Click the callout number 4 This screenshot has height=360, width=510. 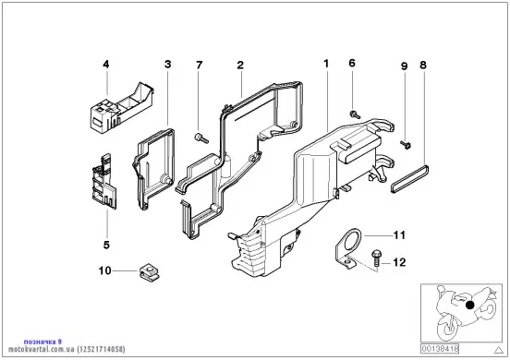[105, 65]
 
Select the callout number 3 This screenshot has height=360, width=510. [168, 64]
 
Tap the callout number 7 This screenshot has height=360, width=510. [199, 66]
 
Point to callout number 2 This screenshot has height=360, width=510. [240, 65]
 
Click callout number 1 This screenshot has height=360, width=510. [326, 64]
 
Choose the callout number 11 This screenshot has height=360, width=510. [399, 234]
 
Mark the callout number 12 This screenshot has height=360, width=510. [399, 262]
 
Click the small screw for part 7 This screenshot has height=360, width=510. [201, 138]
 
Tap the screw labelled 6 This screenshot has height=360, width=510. [355, 114]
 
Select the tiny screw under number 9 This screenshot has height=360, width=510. [406, 145]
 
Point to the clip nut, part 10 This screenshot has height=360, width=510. [150, 272]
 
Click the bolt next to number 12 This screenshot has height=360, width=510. [376, 258]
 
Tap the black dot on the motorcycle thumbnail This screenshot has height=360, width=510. [469, 305]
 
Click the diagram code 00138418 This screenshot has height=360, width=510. [440, 349]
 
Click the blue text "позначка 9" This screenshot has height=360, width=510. [42, 342]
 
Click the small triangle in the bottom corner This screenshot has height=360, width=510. [499, 350]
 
